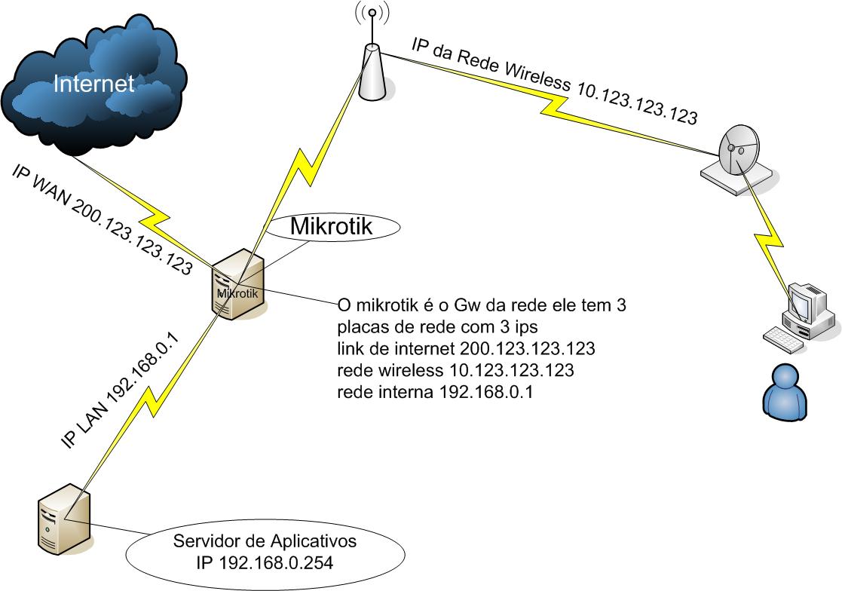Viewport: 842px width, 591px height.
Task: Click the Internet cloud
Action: (94, 83)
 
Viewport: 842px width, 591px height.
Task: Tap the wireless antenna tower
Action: (371, 72)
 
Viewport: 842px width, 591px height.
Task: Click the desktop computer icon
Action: (807, 309)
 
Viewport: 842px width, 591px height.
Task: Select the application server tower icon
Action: (64, 520)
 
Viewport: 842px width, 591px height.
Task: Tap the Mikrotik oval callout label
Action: (332, 226)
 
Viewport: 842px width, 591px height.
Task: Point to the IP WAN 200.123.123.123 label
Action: (102, 219)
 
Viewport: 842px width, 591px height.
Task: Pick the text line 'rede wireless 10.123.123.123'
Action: (456, 371)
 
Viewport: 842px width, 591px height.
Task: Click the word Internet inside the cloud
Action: (93, 84)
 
